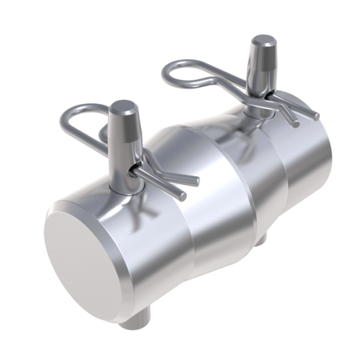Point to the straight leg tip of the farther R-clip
(x=314, y=115)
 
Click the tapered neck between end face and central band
(x=162, y=228)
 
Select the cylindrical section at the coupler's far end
(x=312, y=162)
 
